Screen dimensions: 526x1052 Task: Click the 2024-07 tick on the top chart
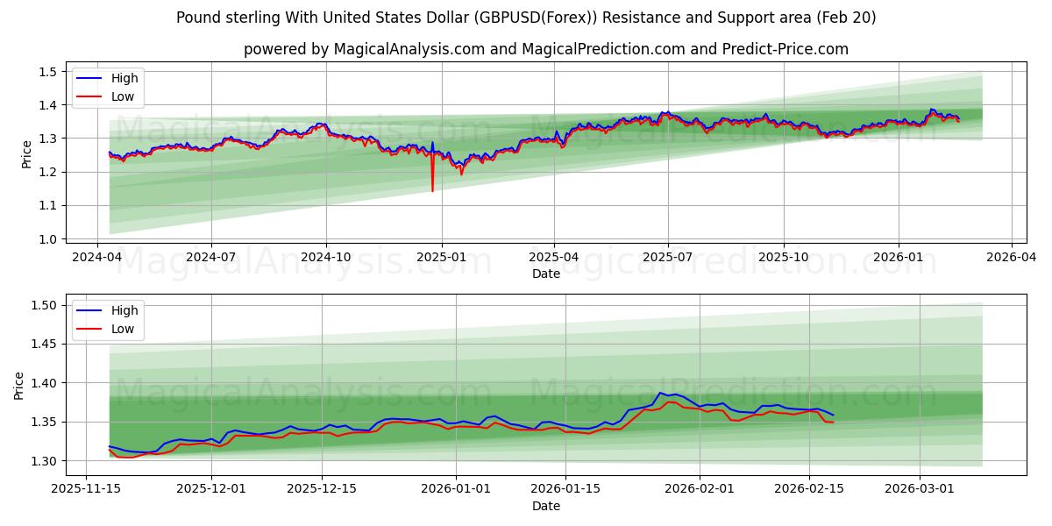point(211,257)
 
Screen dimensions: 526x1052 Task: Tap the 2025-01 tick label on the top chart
point(441,257)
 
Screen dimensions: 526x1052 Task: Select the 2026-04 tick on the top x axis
point(1012,257)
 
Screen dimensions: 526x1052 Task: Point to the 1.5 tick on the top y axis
point(48,72)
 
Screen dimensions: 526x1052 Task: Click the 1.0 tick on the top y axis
point(48,239)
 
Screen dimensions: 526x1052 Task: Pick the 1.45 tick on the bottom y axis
point(44,345)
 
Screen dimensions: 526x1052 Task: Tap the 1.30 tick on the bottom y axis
point(44,461)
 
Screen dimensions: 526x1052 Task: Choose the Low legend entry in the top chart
point(123,97)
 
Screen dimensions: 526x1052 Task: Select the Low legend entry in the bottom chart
point(123,330)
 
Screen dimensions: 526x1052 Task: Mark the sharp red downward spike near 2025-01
point(432,189)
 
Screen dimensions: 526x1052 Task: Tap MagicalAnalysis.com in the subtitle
point(409,49)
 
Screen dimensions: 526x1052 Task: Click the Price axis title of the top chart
point(26,154)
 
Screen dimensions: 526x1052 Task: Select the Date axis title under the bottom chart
point(545,506)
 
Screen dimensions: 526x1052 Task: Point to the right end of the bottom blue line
point(833,415)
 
